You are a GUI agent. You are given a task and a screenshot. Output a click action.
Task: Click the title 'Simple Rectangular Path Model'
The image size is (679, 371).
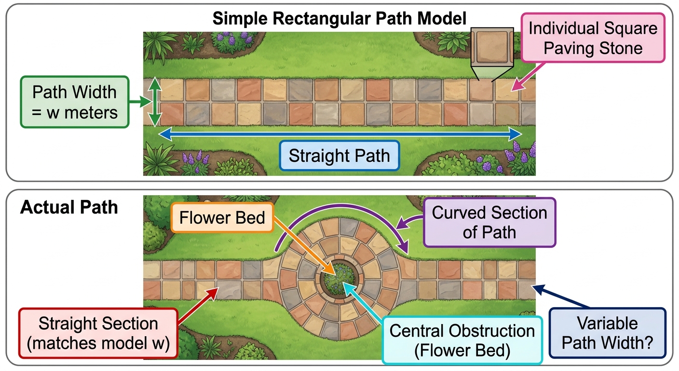[339, 18]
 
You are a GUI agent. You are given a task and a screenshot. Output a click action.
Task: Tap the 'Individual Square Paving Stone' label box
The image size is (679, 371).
[593, 38]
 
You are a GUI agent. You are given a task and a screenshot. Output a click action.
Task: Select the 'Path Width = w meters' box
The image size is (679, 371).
[75, 102]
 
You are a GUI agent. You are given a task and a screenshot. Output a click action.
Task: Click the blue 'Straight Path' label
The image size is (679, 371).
[339, 156]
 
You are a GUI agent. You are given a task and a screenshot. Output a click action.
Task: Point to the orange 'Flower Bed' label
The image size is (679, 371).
[222, 218]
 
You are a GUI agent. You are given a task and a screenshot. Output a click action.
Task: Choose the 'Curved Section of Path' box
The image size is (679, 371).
[489, 223]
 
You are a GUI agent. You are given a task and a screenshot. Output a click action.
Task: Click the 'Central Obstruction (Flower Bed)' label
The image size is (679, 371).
[462, 340]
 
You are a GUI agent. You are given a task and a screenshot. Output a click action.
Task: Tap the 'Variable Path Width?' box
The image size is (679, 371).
[608, 333]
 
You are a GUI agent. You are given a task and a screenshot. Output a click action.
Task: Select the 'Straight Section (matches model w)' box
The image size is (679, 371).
[98, 333]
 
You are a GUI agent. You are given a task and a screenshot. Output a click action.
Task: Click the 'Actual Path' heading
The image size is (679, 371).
[69, 207]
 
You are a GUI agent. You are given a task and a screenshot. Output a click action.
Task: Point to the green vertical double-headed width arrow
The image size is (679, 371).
[155, 102]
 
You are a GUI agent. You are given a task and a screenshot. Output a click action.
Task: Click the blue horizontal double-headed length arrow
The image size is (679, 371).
[340, 134]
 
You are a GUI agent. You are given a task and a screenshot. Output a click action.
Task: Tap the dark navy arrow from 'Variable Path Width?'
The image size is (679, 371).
[561, 296]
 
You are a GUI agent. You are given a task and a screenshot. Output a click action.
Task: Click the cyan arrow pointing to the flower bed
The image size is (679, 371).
[362, 300]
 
